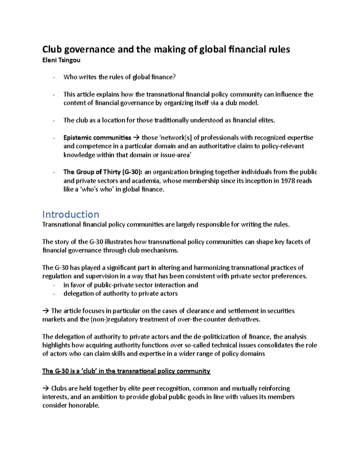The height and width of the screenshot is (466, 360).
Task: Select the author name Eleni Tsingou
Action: [x=61, y=60]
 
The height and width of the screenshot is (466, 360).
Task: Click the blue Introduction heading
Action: [x=70, y=214]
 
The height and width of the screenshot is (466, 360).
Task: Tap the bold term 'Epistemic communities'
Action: [x=97, y=138]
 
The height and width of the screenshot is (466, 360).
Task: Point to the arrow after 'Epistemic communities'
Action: [x=136, y=138]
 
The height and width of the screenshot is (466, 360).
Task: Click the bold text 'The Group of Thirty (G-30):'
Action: [x=103, y=172]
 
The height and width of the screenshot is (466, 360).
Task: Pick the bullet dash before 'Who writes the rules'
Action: [x=54, y=78]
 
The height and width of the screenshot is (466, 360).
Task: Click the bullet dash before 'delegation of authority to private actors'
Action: [x=54, y=294]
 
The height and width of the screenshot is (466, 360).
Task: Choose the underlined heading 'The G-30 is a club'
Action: [x=126, y=371]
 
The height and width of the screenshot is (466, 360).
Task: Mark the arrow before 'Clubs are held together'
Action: [x=46, y=389]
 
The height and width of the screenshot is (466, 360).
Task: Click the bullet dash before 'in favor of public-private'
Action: [x=54, y=285]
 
